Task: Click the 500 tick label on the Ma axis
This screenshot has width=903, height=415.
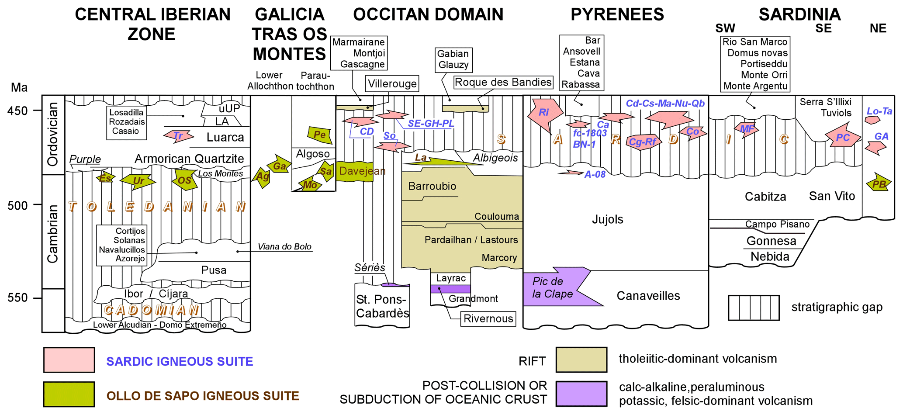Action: [17, 205]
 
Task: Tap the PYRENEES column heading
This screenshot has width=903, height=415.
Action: [617, 14]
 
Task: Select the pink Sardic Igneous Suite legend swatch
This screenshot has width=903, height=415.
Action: [69, 360]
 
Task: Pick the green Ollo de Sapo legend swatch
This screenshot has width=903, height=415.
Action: [69, 394]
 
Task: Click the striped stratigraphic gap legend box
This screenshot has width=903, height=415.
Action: [754, 308]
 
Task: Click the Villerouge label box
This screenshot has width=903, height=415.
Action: [392, 83]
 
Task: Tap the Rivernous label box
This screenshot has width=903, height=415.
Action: [488, 318]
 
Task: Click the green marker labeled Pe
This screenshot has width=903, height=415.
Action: [320, 135]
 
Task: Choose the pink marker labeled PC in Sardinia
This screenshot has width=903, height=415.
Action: [842, 137]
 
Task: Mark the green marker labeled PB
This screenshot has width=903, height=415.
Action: [879, 183]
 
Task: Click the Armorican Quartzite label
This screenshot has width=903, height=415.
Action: [189, 159]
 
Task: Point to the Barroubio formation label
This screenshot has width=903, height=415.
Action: [432, 186]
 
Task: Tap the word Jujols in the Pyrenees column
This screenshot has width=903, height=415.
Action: [607, 219]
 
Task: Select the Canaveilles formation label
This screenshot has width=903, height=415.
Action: [648, 296]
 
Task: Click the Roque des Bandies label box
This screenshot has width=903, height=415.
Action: [503, 82]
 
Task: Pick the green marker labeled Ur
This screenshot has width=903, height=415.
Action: [138, 180]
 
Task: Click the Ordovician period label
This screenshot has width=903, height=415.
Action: [53, 134]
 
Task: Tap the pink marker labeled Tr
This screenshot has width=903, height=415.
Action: [178, 135]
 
